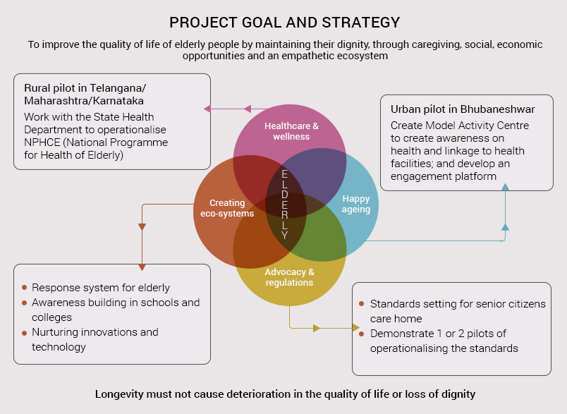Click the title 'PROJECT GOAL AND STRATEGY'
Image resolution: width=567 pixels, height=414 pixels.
pos(285,23)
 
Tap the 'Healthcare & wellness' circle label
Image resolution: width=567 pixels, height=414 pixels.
pos(291,131)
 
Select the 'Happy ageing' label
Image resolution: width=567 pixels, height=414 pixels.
pos(356,205)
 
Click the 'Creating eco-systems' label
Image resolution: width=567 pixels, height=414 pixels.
pos(227,208)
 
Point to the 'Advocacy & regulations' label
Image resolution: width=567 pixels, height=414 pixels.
pos(289,277)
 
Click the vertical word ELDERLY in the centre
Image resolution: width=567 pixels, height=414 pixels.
pos(285,205)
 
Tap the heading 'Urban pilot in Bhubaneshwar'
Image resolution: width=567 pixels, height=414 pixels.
pos(463,109)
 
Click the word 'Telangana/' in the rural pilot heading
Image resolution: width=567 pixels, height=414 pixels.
pos(118,88)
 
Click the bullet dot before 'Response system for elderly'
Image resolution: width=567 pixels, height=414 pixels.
pos(24,288)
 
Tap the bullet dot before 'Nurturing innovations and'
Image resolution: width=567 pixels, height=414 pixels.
pos(24,333)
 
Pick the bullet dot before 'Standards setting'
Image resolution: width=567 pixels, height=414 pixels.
pos(361,304)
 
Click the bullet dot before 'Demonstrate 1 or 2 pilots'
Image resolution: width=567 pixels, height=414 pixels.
pos(361,334)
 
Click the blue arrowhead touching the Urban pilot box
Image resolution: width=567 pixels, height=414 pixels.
pos(505,187)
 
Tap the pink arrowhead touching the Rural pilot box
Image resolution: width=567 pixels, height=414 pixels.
pos(207,109)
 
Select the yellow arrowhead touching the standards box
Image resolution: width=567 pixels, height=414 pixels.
pos(356,328)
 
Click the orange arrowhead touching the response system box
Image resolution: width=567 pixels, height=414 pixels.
pos(142,267)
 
